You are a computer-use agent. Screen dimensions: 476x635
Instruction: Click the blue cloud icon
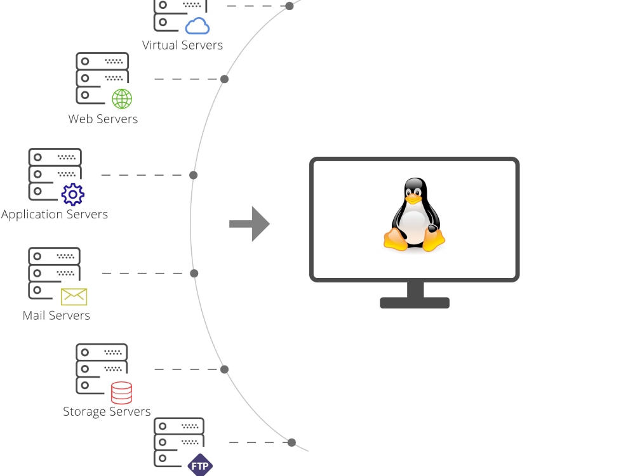point(197,26)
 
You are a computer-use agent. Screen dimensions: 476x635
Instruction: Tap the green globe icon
point(122,98)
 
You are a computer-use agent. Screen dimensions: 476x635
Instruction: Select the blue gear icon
point(73,194)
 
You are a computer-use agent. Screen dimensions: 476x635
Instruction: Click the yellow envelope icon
point(74,296)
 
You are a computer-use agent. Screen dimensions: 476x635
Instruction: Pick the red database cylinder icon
point(121,393)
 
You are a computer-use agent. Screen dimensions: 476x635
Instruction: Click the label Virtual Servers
point(182,46)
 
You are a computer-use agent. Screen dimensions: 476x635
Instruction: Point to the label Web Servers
point(103,119)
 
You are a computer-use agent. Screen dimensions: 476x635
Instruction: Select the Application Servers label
point(55,215)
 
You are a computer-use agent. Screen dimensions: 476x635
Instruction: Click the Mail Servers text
point(57,315)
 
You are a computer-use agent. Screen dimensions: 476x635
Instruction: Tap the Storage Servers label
point(107,412)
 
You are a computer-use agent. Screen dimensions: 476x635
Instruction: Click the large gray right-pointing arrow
point(250,223)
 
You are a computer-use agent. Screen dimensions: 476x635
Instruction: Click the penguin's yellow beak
point(413,199)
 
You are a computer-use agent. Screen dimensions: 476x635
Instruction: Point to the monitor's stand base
point(415,303)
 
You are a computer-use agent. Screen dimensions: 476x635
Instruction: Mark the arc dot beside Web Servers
point(224,79)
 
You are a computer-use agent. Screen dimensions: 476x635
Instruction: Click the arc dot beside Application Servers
point(194,175)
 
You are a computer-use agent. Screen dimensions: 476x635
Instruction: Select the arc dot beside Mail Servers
point(194,274)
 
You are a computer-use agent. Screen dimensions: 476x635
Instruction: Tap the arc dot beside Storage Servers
point(224,369)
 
